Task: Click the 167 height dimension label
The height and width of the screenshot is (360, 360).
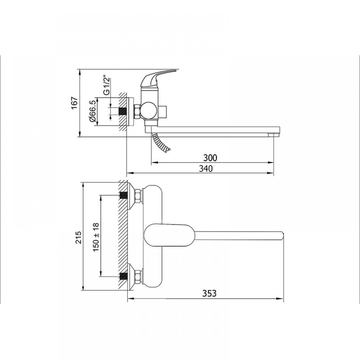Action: pos(75,103)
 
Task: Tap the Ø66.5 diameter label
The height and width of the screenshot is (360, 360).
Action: pos(93,112)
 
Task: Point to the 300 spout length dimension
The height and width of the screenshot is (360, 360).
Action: pos(210,158)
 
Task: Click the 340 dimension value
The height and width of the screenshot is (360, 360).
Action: pos(206,169)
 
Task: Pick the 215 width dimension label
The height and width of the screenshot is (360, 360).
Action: pos(78,237)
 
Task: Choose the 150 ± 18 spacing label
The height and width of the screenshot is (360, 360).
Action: pos(96,237)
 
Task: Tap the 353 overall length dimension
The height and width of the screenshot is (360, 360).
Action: pos(210,293)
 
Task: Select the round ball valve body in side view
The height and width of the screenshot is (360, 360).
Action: pos(149,111)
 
